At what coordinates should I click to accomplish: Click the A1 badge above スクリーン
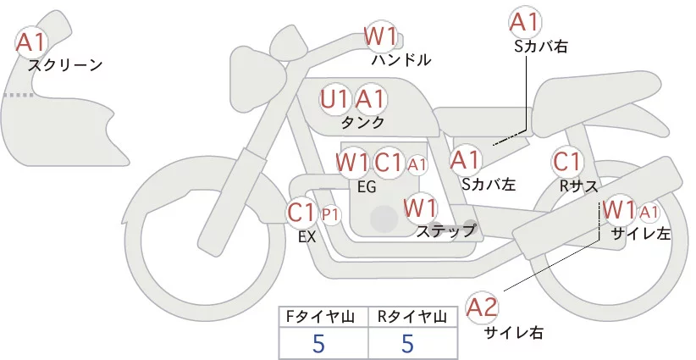[31, 42]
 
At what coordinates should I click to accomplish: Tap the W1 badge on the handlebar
[380, 36]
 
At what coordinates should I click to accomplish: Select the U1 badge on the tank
[335, 99]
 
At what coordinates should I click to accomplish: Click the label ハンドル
[401, 60]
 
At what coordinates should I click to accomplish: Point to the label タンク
[362, 122]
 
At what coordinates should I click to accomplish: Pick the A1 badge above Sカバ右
[524, 21]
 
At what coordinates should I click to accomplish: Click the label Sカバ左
[489, 183]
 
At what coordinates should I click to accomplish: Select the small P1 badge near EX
[330, 215]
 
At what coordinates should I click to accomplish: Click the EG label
[367, 186]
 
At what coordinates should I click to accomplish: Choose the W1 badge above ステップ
[420, 207]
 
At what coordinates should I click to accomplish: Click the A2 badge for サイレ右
[483, 307]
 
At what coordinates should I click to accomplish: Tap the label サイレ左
[640, 234]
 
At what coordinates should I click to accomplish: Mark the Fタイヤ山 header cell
[323, 318]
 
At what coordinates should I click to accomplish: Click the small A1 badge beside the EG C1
[417, 163]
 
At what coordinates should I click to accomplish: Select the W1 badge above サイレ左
[619, 209]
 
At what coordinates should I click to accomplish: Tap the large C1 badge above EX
[302, 212]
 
